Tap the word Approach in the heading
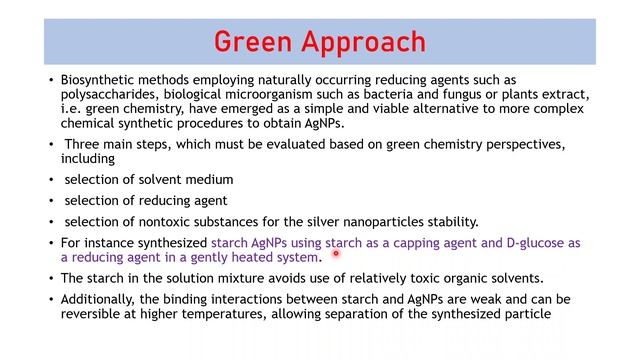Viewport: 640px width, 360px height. pos(364,44)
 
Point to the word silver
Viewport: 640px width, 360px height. pos(281,221)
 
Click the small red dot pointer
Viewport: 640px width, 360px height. pos(337,254)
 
